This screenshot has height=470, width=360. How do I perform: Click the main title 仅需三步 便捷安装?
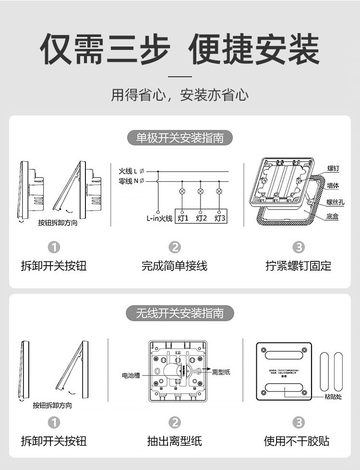(180, 49)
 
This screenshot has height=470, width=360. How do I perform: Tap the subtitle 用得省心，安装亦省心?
(180, 94)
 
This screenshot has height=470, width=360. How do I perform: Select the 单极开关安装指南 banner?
(180, 138)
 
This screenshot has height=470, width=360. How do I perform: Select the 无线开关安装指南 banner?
(180, 314)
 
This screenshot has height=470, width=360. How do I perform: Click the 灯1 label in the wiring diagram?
(182, 218)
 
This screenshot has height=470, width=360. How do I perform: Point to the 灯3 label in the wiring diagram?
(220, 218)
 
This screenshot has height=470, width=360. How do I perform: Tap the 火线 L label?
(128, 171)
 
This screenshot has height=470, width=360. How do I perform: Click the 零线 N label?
(128, 181)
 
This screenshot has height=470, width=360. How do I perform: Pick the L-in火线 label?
(159, 218)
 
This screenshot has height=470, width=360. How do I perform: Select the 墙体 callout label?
(333, 185)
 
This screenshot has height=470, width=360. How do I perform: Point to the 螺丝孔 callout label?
(335, 202)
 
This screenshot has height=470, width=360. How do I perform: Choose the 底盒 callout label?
(333, 216)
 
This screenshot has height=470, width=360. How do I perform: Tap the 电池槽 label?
(131, 375)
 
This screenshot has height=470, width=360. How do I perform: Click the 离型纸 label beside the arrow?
(221, 372)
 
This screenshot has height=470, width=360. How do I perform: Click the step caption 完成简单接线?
(174, 265)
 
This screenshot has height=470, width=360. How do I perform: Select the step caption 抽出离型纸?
(174, 441)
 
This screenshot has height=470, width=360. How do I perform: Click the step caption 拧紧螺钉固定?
(298, 265)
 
